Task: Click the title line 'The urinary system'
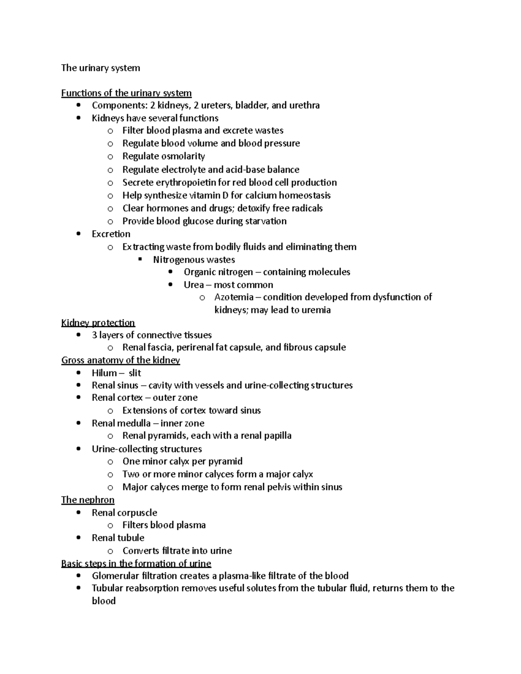100,68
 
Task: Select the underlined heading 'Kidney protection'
98,322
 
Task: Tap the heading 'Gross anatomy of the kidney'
120,360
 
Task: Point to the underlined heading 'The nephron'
88,500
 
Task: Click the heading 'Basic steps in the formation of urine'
136,563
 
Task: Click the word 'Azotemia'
234,297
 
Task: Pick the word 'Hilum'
104,373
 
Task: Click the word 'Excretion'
111,234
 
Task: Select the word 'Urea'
194,285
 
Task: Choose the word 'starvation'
266,221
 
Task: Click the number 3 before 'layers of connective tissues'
94,335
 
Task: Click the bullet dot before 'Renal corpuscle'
78,513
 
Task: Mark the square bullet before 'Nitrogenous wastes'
140,260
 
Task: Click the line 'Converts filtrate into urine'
177,551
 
